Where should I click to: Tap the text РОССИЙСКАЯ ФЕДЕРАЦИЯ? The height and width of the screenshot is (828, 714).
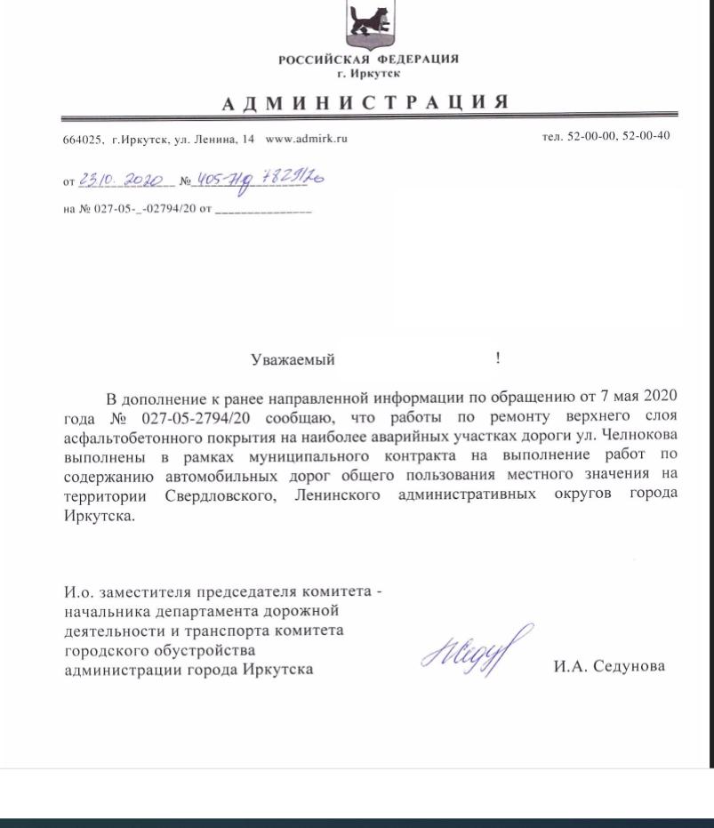tap(368, 59)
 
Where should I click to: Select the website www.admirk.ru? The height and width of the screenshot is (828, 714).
tap(306, 140)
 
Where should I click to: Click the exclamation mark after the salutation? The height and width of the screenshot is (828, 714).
tap(498, 358)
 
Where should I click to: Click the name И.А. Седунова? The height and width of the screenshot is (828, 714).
tap(608, 665)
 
